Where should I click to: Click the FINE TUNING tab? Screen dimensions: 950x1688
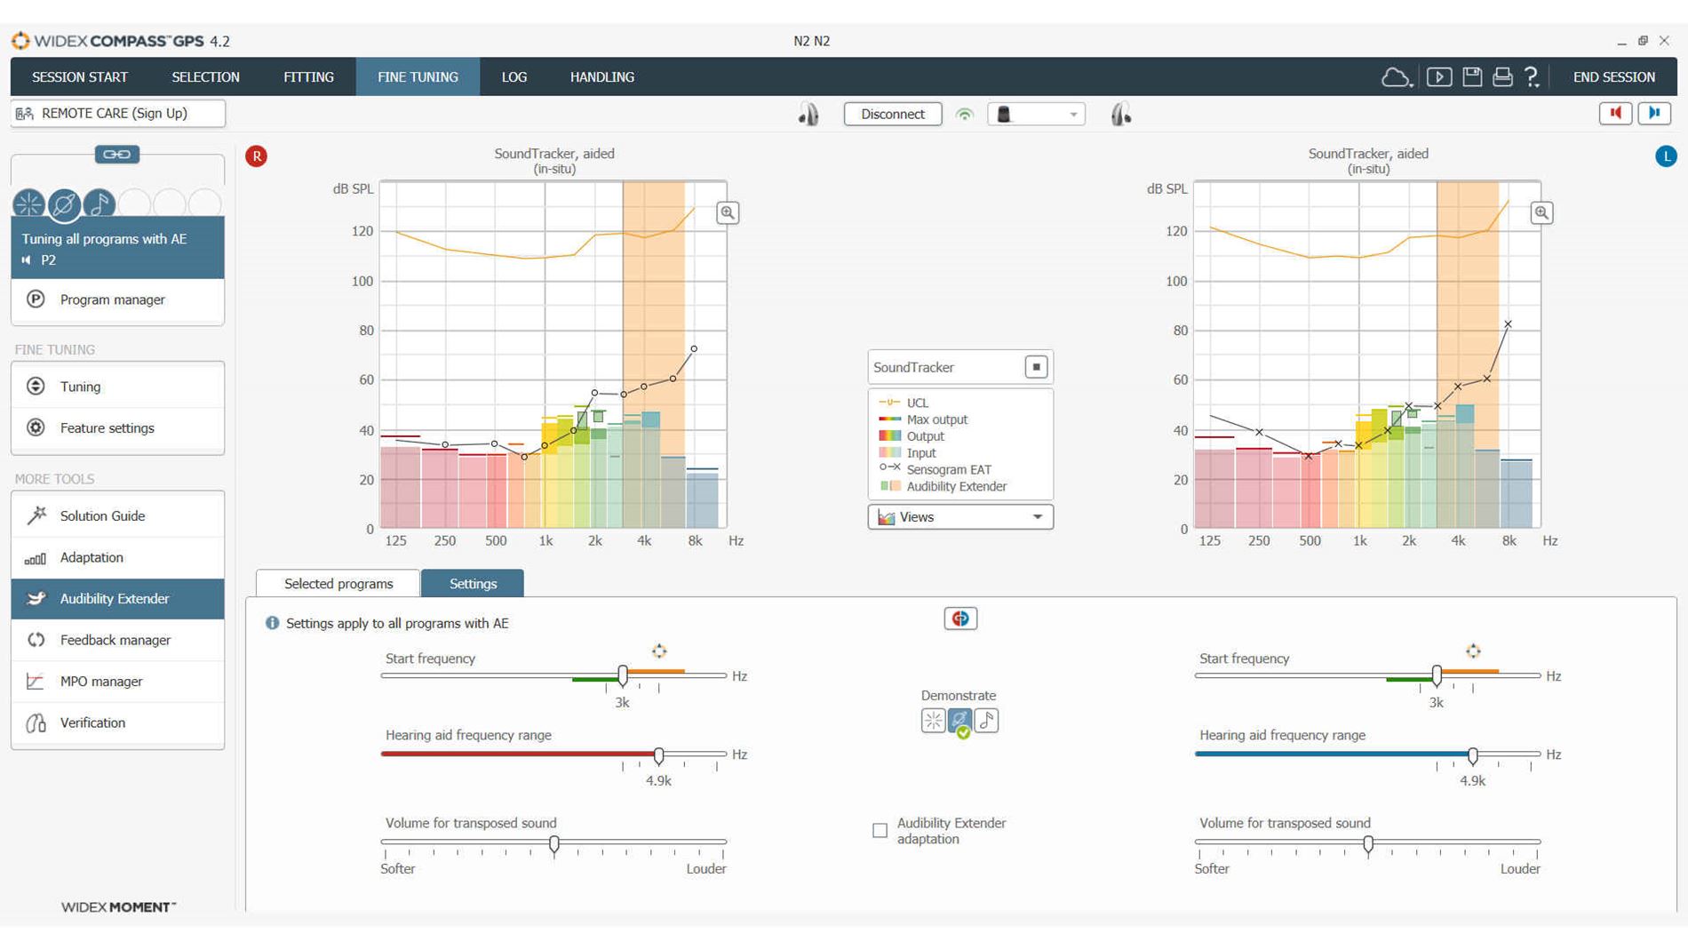tap(418, 77)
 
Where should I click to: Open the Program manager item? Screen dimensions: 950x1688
tap(112, 299)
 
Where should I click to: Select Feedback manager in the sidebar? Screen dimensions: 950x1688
tap(115, 640)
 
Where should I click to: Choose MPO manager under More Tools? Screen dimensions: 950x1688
tap(100, 682)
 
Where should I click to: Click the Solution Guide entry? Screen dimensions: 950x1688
tap(102, 515)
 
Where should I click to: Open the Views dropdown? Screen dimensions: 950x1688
tap(959, 517)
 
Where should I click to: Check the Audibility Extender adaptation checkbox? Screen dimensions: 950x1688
tap(880, 831)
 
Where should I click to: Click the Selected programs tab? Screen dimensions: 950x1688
tap(338, 584)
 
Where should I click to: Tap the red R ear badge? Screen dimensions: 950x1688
tap(257, 156)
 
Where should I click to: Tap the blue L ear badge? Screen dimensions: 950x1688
tap(1666, 156)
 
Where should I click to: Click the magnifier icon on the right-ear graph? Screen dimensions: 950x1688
tap(728, 213)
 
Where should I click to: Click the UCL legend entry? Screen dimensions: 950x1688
tap(916, 403)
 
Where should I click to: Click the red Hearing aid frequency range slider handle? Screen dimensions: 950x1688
tap(658, 755)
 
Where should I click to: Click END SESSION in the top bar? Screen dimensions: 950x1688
tap(1613, 77)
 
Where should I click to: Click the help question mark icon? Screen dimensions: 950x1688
tap(1532, 77)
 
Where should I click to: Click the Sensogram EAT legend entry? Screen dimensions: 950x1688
tap(948, 469)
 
